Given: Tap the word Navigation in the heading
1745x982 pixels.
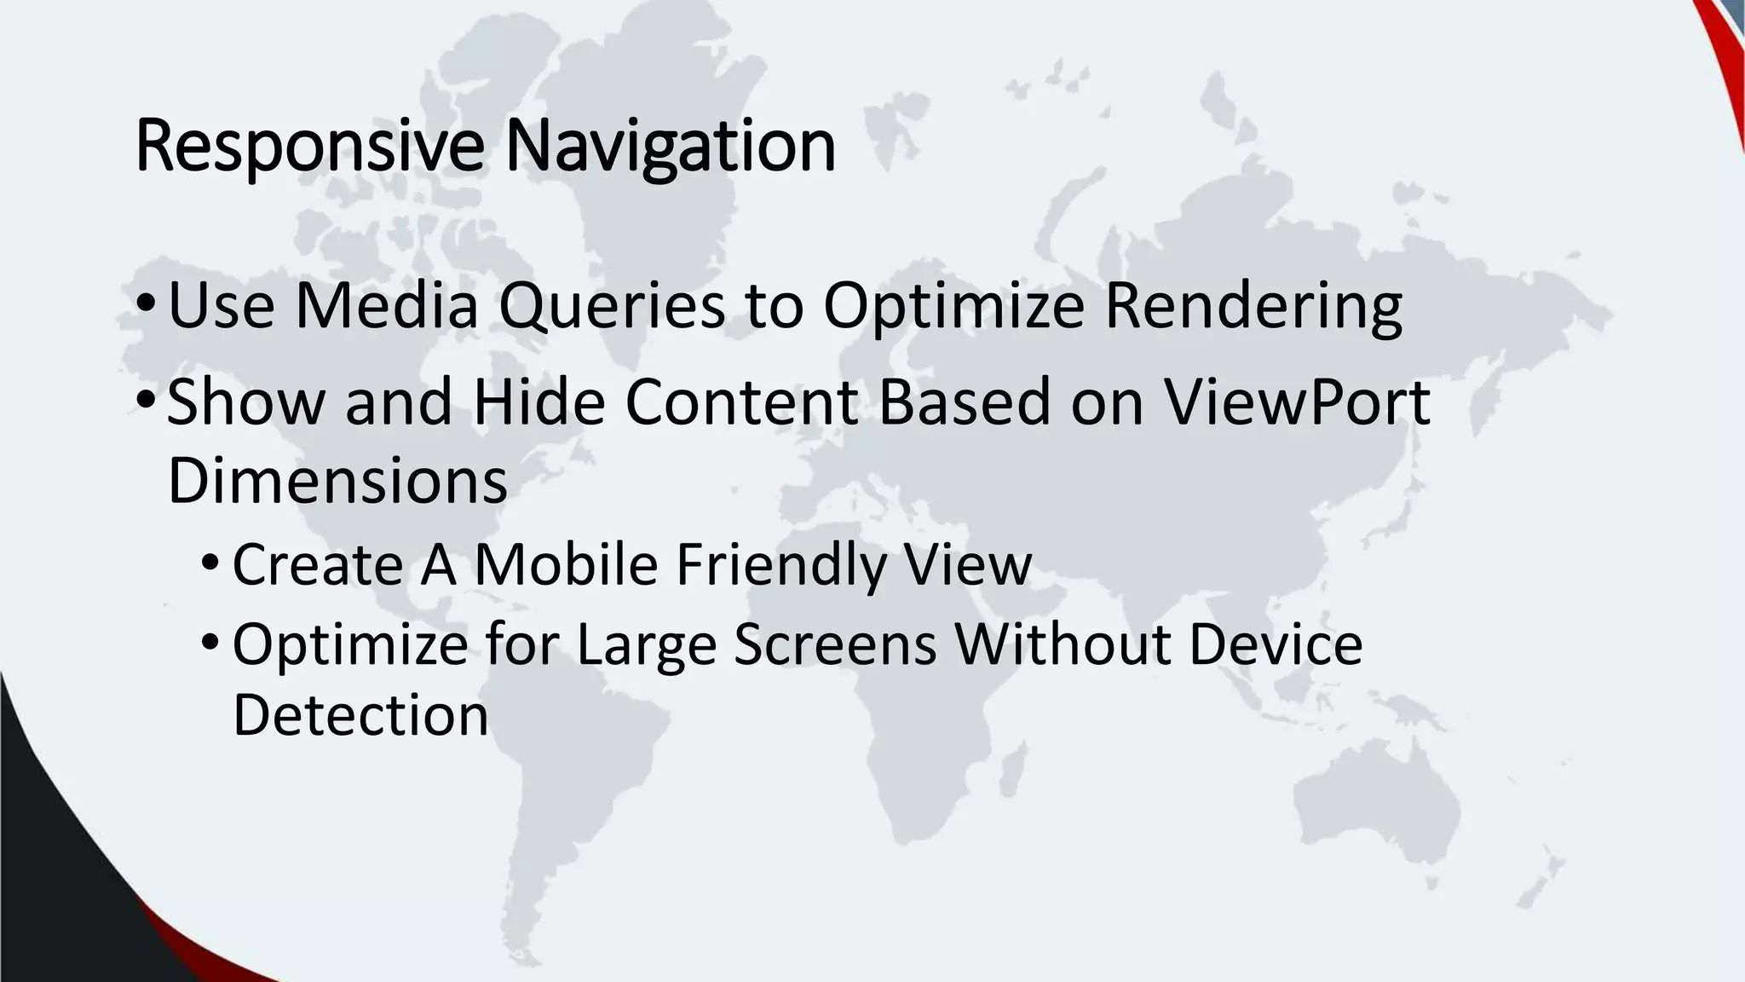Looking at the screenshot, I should coord(670,147).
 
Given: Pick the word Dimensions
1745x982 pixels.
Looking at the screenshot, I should coord(337,481).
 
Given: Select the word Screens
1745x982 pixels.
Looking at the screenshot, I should coord(835,644).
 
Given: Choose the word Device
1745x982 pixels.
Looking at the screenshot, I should coord(1276,644).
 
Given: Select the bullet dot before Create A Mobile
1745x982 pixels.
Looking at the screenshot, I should coord(210,563).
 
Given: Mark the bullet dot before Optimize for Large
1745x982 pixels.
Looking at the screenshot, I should coord(210,642).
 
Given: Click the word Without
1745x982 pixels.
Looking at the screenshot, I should coord(1062,644).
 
